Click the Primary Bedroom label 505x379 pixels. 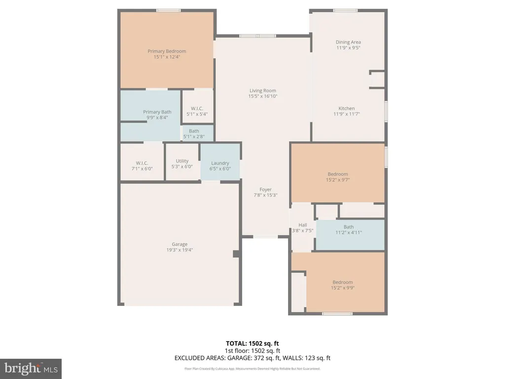167,51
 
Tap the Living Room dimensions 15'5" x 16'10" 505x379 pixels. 263,96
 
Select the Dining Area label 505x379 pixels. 348,42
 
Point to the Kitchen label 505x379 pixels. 347,108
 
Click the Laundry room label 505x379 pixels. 220,163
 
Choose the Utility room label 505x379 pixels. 182,161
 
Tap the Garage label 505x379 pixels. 180,244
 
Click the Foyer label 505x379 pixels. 265,189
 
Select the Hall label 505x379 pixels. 302,225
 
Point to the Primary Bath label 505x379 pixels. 157,112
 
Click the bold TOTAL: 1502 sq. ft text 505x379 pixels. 252,343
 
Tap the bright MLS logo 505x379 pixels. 31,369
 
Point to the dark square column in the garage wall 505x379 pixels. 236,254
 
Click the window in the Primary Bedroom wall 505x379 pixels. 169,11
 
